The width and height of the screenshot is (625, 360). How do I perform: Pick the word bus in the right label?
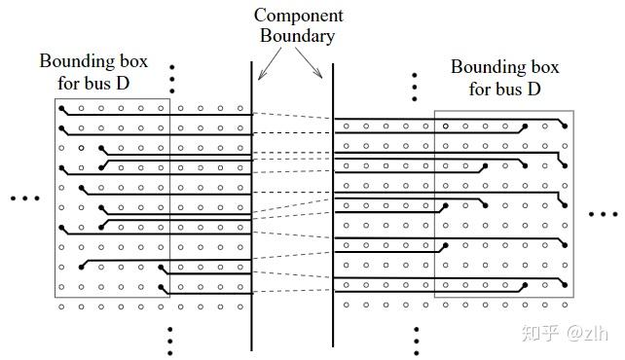(519, 90)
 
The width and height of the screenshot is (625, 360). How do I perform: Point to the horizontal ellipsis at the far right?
(604, 213)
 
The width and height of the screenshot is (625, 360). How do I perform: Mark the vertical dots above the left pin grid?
(171, 78)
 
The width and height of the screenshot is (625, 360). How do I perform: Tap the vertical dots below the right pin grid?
(416, 341)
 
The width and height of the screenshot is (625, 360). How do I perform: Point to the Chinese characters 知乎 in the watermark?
(540, 334)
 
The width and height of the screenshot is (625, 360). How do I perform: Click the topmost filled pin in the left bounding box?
(62, 108)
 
